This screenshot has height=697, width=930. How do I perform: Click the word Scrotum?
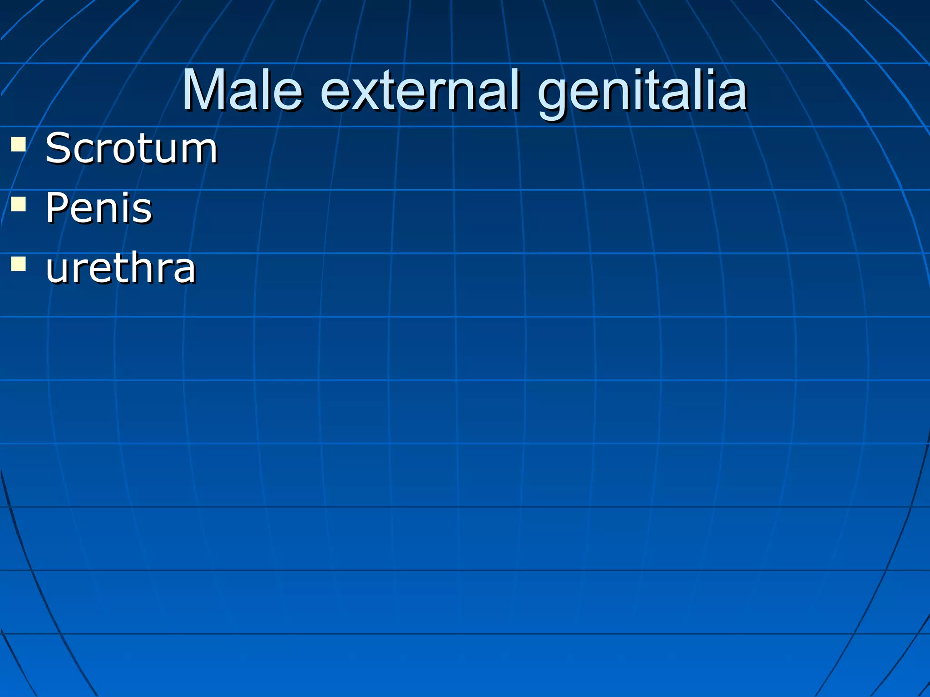pos(131,148)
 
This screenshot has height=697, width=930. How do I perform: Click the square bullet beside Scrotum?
pos(18,144)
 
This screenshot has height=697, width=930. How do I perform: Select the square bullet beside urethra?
pos(18,264)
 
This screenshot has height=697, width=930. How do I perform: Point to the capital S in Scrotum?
pos(58,148)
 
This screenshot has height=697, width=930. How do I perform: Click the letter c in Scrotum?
pos(83,152)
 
